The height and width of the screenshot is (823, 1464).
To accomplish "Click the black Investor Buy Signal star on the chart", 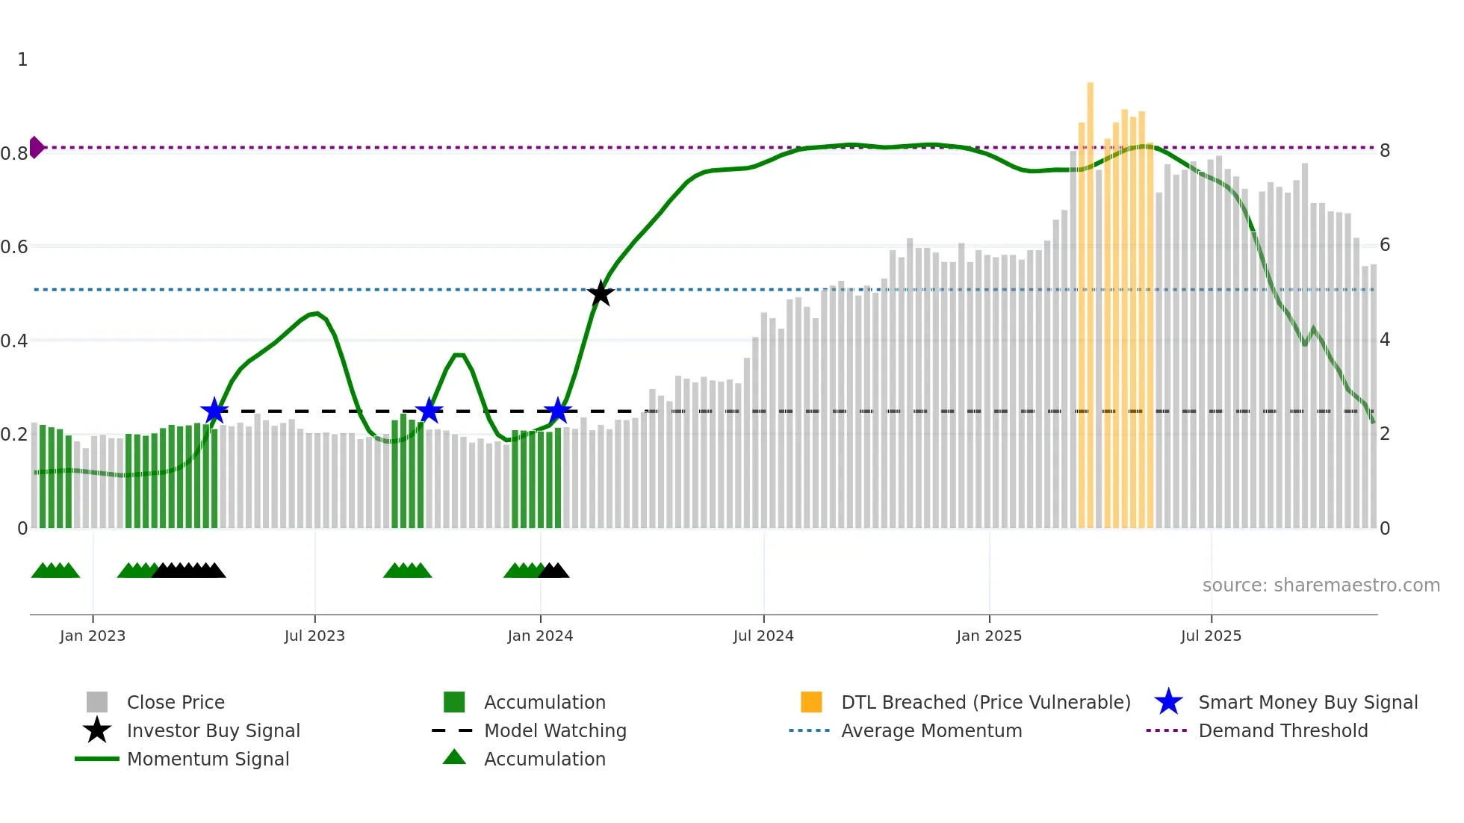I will [601, 294].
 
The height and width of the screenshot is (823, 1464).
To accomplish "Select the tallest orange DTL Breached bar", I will [1090, 299].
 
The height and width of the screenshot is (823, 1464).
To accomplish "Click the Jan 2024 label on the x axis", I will [540, 636].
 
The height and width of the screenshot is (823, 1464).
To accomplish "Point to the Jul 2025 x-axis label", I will [1211, 636].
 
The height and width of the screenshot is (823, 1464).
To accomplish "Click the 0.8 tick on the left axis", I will [14, 154].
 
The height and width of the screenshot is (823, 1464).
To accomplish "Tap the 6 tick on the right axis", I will [1385, 245].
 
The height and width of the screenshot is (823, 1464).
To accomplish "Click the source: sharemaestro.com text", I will [1321, 586].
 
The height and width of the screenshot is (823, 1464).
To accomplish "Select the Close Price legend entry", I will [176, 702].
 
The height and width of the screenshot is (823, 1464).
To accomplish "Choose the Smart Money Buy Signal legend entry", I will [1307, 702].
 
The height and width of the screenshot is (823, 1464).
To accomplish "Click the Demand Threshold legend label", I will [1282, 730].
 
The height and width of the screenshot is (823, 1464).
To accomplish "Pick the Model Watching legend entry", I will [555, 730].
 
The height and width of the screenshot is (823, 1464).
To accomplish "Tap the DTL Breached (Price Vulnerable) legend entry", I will [985, 702].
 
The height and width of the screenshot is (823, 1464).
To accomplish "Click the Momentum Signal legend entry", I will [208, 759].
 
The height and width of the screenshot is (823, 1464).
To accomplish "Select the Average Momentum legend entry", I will [931, 730].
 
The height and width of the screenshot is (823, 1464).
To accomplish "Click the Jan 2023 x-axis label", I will [93, 636].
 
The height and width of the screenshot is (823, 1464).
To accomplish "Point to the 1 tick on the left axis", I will [22, 60].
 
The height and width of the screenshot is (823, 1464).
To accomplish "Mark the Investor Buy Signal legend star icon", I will [97, 730].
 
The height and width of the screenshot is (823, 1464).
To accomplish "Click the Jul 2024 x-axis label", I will [763, 636].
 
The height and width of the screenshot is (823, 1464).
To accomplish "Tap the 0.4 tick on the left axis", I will [14, 341].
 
